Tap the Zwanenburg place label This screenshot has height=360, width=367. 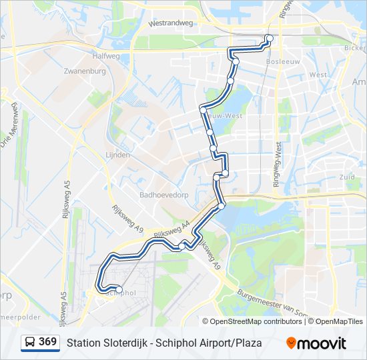(83, 70)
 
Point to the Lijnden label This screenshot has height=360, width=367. (117, 155)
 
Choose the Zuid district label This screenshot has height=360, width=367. (347, 177)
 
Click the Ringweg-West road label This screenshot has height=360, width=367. (278, 163)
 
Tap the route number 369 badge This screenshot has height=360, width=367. (47, 342)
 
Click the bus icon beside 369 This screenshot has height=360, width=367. (30, 343)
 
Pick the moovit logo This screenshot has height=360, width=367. (316, 343)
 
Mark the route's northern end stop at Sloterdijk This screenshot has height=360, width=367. (269, 37)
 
